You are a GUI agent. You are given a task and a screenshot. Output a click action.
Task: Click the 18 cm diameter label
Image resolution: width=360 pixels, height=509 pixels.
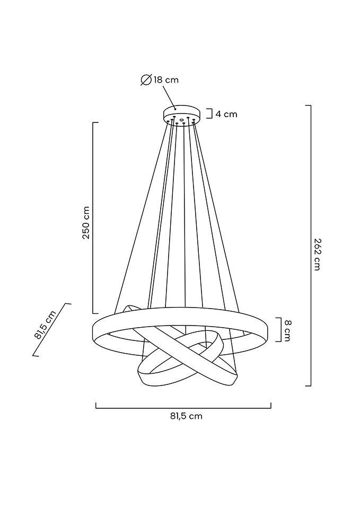click(x=166, y=80)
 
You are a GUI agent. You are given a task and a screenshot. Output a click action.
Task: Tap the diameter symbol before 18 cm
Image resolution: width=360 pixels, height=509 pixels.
click(x=146, y=80)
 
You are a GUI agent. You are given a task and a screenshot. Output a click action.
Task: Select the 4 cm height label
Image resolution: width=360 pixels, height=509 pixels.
click(x=226, y=114)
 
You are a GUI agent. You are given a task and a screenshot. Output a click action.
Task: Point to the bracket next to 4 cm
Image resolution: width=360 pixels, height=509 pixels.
click(x=210, y=114)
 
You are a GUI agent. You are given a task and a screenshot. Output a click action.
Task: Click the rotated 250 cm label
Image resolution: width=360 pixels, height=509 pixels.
click(x=86, y=222)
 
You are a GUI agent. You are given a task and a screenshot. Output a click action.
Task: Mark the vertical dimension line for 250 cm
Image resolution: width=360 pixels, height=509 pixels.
click(x=93, y=217)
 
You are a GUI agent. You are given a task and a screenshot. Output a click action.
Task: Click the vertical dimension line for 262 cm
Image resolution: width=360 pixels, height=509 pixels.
click(x=310, y=244)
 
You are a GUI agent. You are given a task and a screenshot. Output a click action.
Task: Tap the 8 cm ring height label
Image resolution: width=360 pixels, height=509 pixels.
click(x=287, y=330)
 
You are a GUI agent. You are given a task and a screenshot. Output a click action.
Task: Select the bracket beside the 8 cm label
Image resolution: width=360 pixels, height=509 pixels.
click(x=278, y=330)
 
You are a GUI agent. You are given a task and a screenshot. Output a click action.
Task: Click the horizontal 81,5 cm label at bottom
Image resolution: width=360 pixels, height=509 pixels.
click(x=186, y=416)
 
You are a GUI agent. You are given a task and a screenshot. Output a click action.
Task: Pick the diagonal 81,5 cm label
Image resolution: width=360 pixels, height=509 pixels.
click(x=46, y=324)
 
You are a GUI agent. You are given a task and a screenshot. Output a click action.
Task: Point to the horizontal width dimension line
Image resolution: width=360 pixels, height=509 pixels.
click(x=183, y=408)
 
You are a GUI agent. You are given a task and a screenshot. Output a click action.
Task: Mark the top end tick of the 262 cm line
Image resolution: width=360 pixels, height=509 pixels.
click(x=308, y=106)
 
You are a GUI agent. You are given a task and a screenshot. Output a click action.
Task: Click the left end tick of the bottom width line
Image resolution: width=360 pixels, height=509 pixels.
click(x=96, y=406)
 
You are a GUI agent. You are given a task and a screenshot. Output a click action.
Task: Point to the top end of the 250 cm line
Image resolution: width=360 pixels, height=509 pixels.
click(x=95, y=122)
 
